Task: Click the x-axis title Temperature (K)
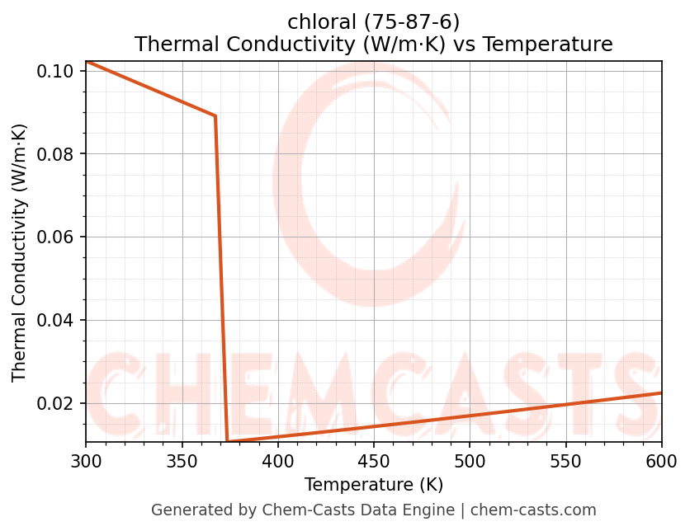[x=373, y=485]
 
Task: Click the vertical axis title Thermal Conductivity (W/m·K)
[x=20, y=252]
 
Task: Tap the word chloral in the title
[x=316, y=22]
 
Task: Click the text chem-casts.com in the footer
[x=533, y=510]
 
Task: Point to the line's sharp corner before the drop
[x=215, y=116]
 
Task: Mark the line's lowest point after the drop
[x=228, y=442]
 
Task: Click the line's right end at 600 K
[x=661, y=393]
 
